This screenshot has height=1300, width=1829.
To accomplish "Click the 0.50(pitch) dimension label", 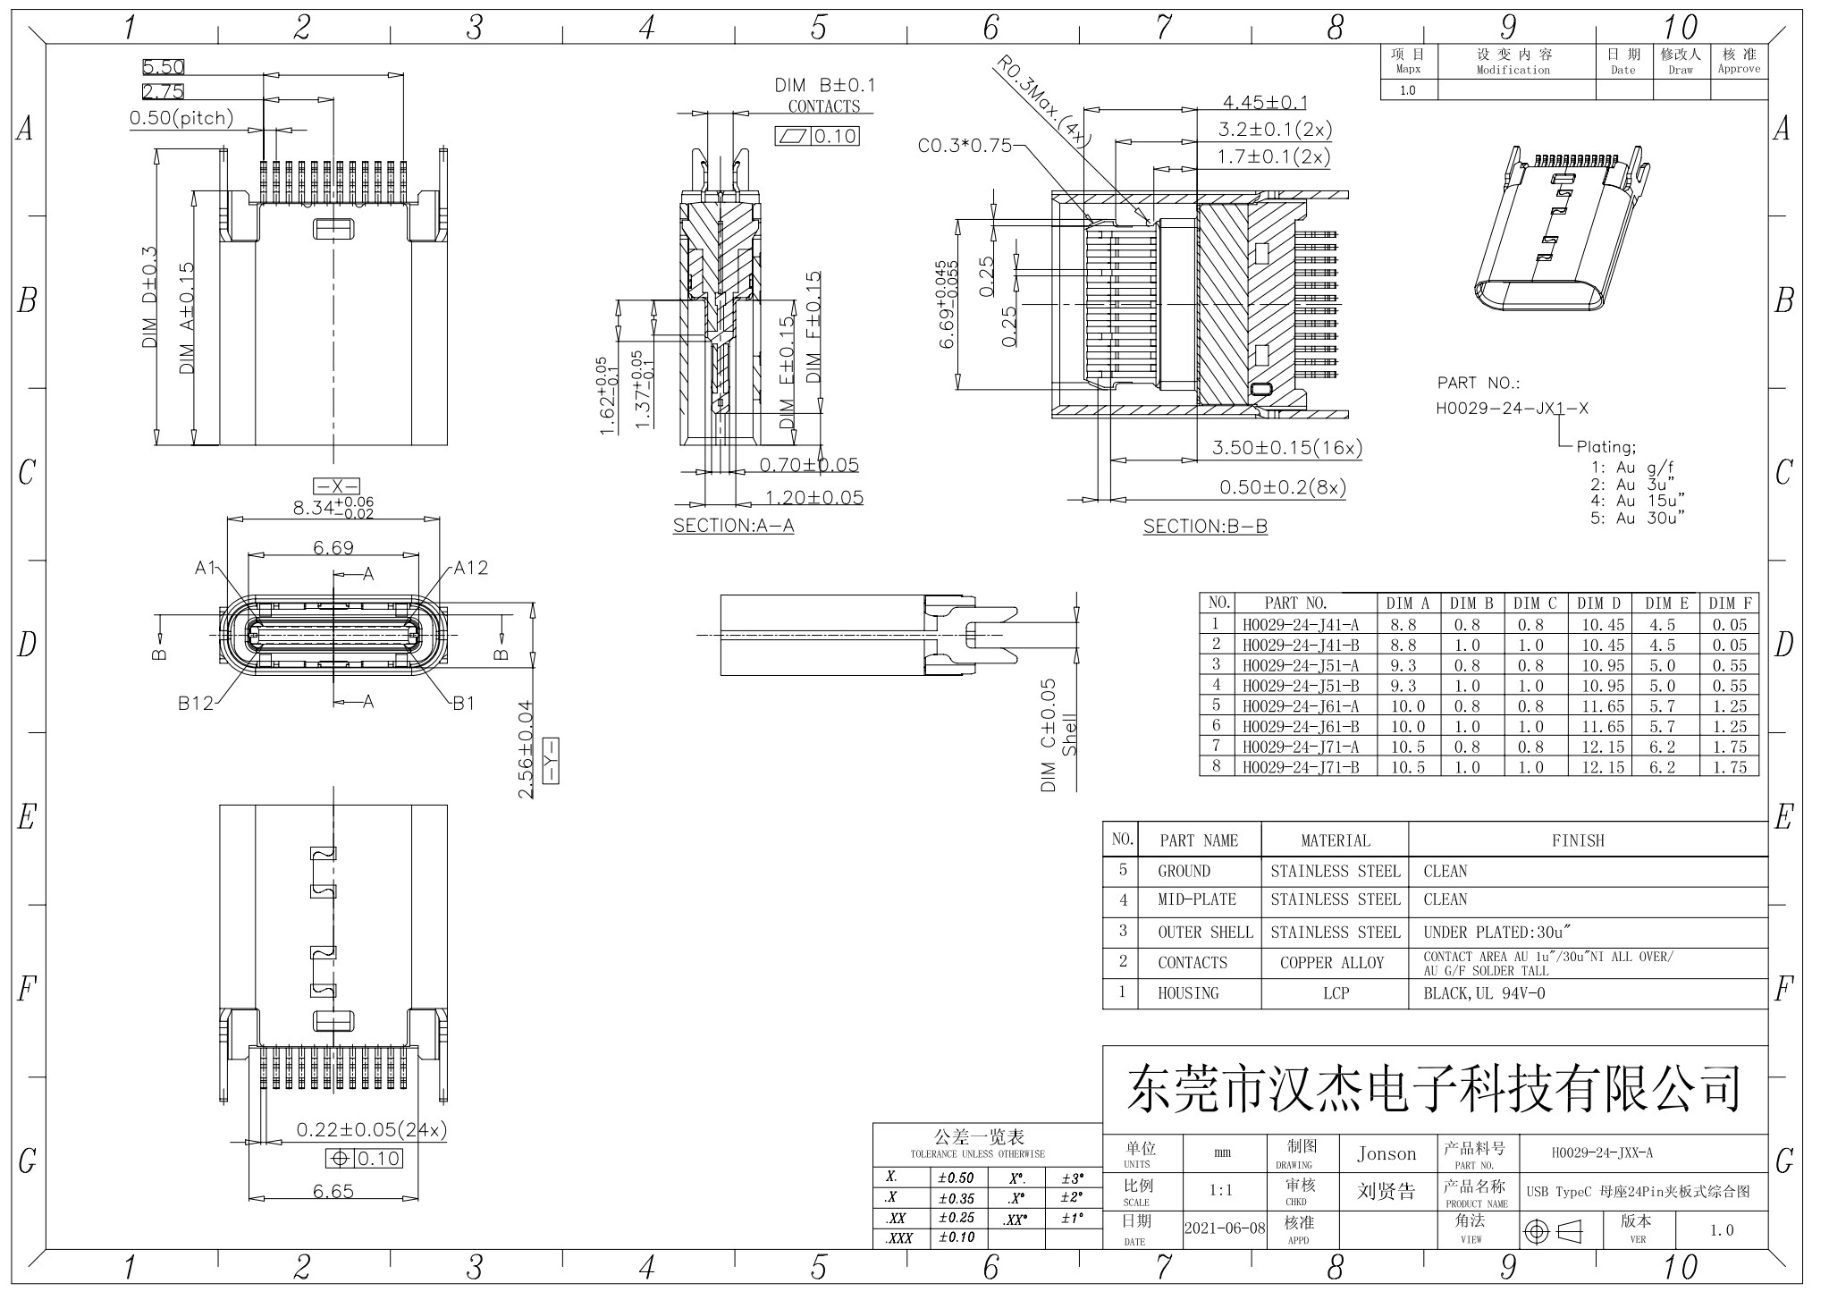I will [x=181, y=118].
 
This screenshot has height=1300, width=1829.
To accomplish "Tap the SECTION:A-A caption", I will [x=733, y=526].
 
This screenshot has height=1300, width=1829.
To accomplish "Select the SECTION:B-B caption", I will [x=1205, y=527].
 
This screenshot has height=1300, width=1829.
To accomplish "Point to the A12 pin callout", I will [x=471, y=568].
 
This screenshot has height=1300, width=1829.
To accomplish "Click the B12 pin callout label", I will [x=195, y=703].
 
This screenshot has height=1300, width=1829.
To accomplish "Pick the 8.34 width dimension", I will [x=333, y=508].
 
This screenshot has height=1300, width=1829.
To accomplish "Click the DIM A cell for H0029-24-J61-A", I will [x=1407, y=706].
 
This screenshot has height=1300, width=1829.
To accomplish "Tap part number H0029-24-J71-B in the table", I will [x=1300, y=767].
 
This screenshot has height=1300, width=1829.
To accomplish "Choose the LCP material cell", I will [x=1336, y=993].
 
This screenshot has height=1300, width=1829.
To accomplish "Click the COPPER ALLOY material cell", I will [x=1331, y=963].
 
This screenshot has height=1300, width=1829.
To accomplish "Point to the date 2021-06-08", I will [x=1225, y=1228].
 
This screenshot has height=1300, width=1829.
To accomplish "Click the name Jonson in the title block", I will [x=1386, y=1154].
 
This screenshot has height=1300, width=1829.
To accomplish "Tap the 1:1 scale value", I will [x=1220, y=1190].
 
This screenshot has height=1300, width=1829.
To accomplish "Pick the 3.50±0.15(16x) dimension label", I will [x=1286, y=447].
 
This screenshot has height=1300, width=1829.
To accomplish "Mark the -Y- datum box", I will [x=550, y=761].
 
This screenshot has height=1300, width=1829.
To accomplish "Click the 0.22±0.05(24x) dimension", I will [x=371, y=1130].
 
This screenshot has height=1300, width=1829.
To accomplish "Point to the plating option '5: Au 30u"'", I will [x=1637, y=518].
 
